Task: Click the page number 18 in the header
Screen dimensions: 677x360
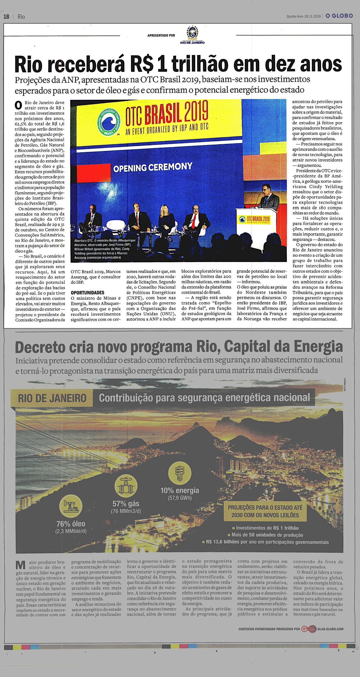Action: [6, 17]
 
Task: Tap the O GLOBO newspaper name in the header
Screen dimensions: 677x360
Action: [339, 16]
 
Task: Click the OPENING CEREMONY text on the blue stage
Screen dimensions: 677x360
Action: [153, 168]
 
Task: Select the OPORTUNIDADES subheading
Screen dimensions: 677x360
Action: [87, 293]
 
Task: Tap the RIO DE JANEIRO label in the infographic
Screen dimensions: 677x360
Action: [52, 398]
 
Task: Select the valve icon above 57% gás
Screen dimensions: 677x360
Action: [126, 487]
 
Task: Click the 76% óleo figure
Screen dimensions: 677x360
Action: [71, 524]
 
